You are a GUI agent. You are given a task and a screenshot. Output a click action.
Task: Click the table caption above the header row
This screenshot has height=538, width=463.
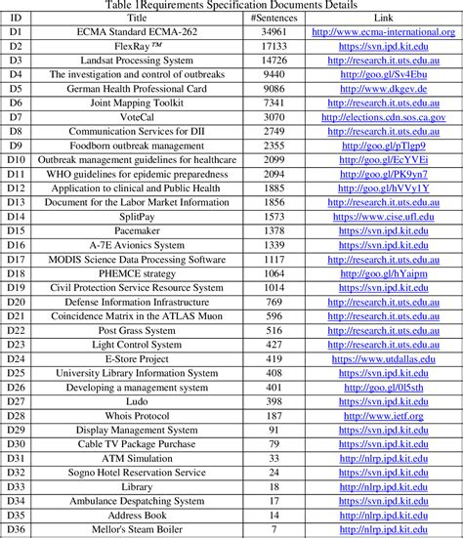click(231, 6)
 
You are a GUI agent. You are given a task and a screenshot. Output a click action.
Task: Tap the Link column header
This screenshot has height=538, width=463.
click(384, 19)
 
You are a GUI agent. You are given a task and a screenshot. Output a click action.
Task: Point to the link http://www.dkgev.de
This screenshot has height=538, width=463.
click(384, 88)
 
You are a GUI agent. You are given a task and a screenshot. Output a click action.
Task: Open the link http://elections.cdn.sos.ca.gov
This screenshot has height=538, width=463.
click(384, 116)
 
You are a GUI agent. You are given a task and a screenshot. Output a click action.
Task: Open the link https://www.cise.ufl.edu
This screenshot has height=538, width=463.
click(384, 216)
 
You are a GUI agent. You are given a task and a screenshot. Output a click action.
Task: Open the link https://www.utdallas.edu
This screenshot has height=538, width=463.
click(384, 358)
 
